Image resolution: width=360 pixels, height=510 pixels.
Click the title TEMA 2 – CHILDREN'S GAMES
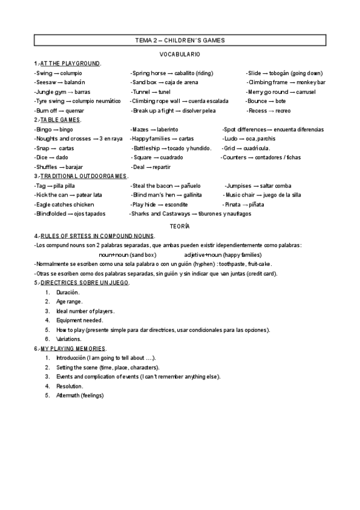(x=180, y=40)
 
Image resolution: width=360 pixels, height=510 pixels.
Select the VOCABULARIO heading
(x=180, y=54)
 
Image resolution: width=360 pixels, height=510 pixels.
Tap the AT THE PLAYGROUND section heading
(x=70, y=63)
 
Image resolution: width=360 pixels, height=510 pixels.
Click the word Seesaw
(x=46, y=82)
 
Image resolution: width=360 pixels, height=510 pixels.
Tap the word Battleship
(x=148, y=148)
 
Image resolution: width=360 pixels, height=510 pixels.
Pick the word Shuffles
(x=48, y=167)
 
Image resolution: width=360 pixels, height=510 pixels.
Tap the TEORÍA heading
(x=180, y=225)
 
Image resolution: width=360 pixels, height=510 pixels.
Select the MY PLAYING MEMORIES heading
(x=72, y=348)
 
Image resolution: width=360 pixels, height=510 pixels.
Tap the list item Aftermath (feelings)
(x=80, y=395)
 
